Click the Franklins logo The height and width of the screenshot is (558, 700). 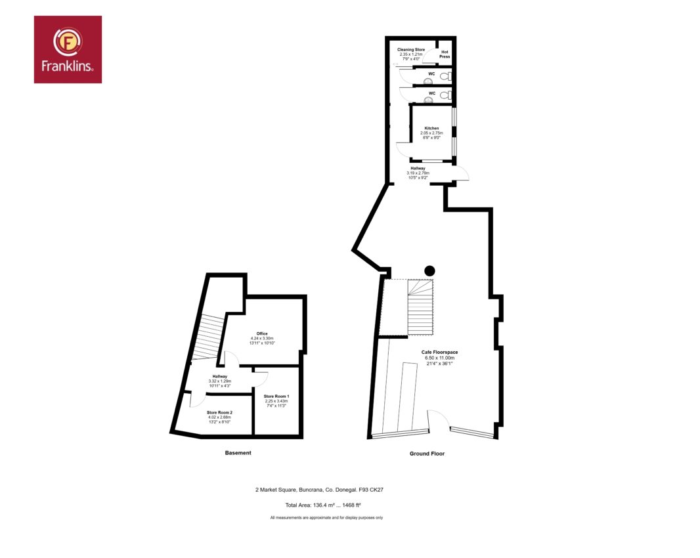point(68,49)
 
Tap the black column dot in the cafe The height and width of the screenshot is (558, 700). point(429,271)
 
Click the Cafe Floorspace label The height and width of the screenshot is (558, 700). point(440,353)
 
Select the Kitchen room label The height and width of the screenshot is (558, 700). point(431,128)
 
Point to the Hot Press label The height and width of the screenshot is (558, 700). point(445,54)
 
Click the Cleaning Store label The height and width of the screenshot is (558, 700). point(411,49)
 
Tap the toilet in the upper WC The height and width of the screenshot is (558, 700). point(445,76)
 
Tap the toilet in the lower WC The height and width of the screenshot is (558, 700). point(445,95)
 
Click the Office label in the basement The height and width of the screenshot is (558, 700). point(262,333)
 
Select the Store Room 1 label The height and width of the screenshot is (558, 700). point(276,397)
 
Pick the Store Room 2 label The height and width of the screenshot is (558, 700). point(219,412)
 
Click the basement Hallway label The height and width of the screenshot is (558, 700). point(220,376)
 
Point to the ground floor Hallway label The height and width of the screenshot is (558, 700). point(418,168)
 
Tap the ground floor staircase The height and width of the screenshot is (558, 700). point(420,307)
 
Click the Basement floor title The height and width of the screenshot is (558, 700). point(238,453)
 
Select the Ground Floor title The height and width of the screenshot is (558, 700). point(427,454)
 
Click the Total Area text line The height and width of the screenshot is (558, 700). point(323,505)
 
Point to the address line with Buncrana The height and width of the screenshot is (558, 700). point(319,490)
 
